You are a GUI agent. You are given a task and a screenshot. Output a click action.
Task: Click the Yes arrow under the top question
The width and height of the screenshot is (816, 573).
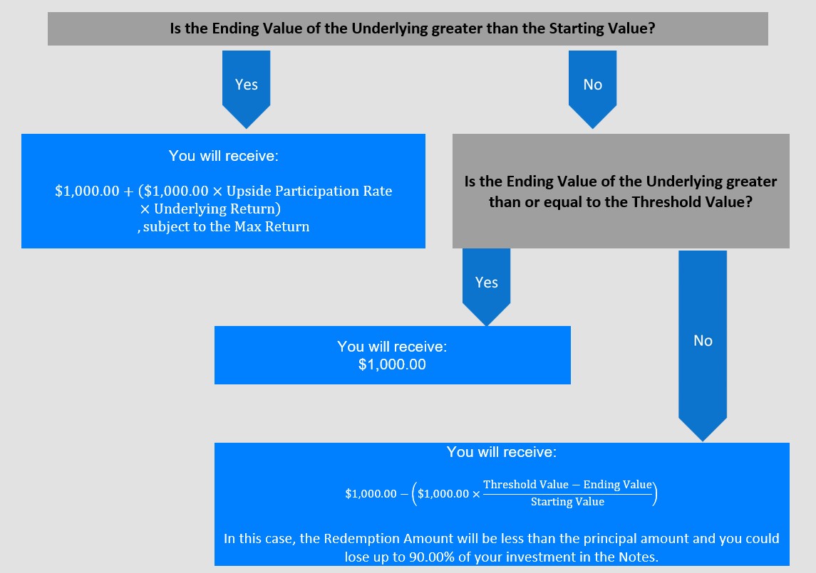[246, 89]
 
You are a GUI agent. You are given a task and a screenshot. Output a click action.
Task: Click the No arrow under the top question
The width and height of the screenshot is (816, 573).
[592, 89]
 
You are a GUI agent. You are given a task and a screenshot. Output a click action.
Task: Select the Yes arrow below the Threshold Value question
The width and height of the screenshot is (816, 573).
[486, 287]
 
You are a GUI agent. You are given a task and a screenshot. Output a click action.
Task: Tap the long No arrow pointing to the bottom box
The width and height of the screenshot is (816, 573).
[703, 346]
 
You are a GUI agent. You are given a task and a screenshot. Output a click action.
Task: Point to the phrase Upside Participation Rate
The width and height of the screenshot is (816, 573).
[309, 191]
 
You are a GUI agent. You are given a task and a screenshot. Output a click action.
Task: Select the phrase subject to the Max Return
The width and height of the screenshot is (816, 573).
[227, 226]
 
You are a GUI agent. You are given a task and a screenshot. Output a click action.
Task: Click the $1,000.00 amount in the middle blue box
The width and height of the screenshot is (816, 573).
[392, 364]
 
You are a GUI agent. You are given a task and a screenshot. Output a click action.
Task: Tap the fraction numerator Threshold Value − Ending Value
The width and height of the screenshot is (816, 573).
[567, 485]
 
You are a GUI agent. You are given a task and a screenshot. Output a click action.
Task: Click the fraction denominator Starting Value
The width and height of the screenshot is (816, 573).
[567, 502]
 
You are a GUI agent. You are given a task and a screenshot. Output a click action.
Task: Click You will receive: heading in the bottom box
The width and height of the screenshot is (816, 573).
[502, 452]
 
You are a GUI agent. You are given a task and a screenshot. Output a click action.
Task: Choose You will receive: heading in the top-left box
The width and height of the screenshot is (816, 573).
[223, 156]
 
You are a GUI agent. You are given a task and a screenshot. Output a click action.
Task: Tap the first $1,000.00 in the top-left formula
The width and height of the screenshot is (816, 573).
[87, 191]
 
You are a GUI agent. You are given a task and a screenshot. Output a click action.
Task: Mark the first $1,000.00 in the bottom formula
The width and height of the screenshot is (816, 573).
[371, 493]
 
